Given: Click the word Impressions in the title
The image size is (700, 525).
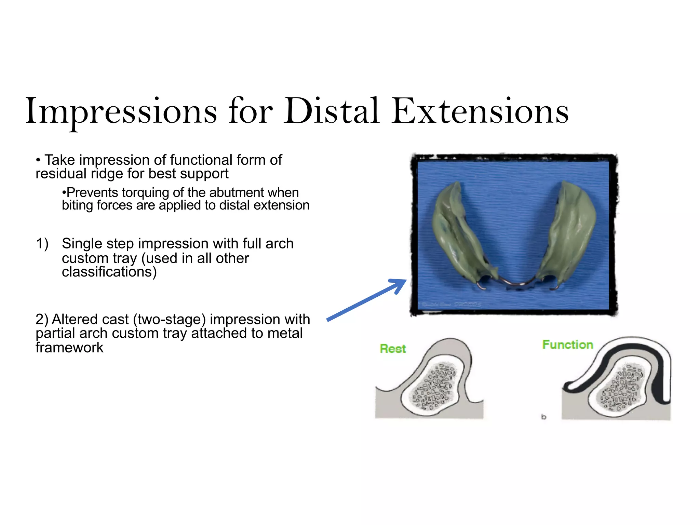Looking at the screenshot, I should (x=121, y=111).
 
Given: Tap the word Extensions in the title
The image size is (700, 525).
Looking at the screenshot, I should (x=480, y=111).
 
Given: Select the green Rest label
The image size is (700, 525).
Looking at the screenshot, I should (x=392, y=349).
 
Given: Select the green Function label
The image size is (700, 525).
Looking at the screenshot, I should (x=567, y=345).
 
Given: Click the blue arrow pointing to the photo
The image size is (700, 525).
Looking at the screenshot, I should (x=366, y=300).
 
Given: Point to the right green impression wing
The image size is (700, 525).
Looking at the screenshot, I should (x=571, y=229).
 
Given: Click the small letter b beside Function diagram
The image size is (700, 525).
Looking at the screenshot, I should (x=543, y=417).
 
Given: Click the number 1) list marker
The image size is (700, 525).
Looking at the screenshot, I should (x=42, y=244).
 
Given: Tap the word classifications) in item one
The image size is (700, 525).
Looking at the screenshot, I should (x=109, y=272).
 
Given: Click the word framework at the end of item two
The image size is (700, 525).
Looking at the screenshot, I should (x=69, y=348).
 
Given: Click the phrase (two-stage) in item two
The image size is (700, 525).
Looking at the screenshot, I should (x=169, y=320).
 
